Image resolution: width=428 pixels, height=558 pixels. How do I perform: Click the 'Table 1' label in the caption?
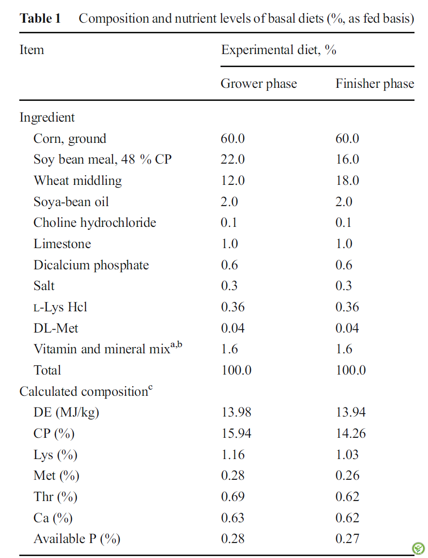coord(40,18)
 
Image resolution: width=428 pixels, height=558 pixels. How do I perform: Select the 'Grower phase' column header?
coord(259,84)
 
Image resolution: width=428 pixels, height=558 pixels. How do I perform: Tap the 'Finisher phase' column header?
coord(374,84)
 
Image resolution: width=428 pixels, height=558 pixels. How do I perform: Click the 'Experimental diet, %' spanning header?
coord(278,50)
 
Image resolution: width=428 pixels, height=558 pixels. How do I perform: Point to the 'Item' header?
coord(32,50)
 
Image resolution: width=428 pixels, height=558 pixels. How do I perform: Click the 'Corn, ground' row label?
coord(70,139)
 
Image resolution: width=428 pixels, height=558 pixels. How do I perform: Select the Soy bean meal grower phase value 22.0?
coord(233,159)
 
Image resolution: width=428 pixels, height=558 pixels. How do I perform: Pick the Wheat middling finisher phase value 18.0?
coord(347,181)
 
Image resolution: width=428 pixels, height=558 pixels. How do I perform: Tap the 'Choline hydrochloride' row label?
coord(95,223)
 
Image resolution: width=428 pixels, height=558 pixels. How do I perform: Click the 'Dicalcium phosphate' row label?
coord(91,265)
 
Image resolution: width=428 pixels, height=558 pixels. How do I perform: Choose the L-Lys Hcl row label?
coord(60,307)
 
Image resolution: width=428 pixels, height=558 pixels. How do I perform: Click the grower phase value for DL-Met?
coord(233,328)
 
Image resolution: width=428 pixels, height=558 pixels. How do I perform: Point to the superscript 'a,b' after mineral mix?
coord(176,344)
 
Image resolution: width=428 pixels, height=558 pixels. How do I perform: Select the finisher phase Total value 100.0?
coord(351,370)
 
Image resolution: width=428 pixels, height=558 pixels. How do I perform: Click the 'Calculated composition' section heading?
coord(83,391)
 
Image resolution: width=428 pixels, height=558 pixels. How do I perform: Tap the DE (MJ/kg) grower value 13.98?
coord(236,412)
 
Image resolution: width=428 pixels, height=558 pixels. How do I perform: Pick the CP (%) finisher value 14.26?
coord(351,433)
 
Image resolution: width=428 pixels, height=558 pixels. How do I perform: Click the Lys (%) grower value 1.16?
coord(233,455)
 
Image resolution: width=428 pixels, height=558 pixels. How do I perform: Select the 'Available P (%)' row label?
coord(77,539)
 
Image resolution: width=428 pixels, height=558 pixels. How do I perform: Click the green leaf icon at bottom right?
coord(418,548)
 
